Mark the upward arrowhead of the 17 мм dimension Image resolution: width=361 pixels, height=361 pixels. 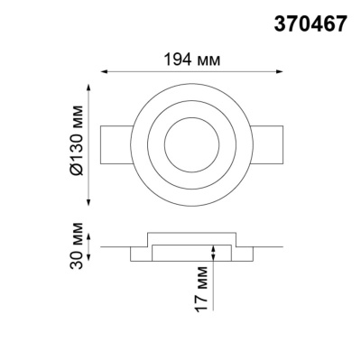coord(213,246)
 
